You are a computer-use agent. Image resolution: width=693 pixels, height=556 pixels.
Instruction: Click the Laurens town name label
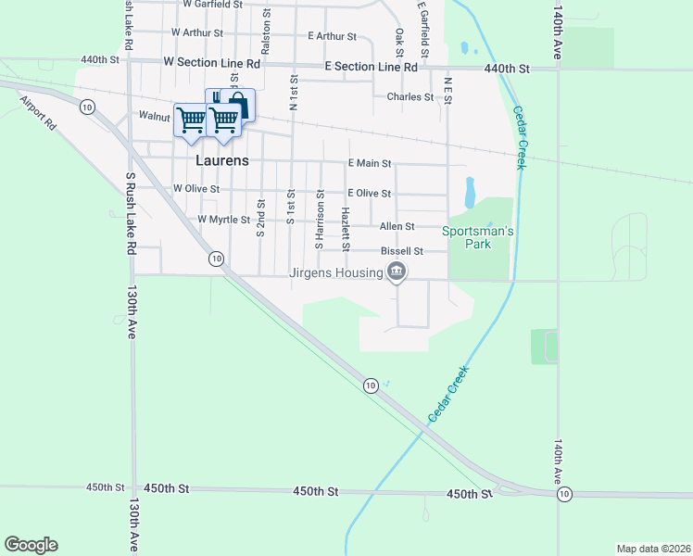[222, 160]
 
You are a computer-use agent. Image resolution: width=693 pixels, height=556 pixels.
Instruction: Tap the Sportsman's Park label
[477, 237]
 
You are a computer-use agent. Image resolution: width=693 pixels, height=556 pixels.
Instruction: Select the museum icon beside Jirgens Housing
[397, 272]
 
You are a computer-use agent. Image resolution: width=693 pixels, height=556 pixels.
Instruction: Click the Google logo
[31, 545]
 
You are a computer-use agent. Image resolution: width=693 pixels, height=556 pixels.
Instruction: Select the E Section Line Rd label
[371, 67]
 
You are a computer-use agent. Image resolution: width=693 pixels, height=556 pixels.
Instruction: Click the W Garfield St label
[212, 5]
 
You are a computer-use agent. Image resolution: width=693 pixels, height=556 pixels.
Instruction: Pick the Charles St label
[410, 96]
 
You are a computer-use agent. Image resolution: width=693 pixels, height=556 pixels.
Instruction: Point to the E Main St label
[370, 163]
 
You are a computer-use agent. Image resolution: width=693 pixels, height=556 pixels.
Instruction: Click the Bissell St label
[401, 251]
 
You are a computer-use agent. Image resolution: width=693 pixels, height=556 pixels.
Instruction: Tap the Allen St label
[397, 226]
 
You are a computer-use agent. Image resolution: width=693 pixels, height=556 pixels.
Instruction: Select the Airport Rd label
[38, 114]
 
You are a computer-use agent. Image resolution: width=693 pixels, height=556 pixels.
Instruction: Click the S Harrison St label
[320, 220]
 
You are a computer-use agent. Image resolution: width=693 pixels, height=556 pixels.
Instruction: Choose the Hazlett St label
[345, 228]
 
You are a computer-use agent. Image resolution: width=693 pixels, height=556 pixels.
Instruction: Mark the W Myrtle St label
[223, 220]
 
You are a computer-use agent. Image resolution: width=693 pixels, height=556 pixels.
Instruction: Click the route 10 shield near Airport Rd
[86, 107]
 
